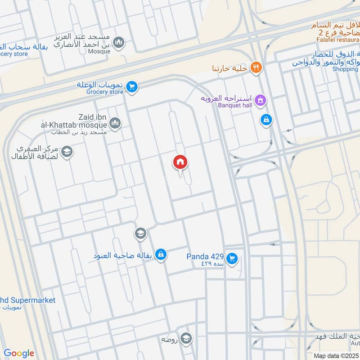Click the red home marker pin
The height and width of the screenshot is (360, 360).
pyautogui.click(x=180, y=162)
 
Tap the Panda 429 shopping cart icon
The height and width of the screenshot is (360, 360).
pyautogui.click(x=232, y=258)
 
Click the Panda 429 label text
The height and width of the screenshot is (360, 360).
pyautogui.click(x=205, y=256)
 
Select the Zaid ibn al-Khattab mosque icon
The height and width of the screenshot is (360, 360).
pyautogui.click(x=115, y=123)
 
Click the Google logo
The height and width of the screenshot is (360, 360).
pyautogui.click(x=19, y=353)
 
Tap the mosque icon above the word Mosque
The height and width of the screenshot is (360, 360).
pyautogui.click(x=119, y=43)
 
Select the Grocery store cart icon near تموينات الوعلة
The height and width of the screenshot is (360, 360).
pyautogui.click(x=132, y=87)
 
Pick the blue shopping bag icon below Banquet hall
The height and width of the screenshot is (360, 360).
pyautogui.click(x=266, y=120)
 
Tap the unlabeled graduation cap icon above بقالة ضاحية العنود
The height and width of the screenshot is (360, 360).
pyautogui.click(x=140, y=234)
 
